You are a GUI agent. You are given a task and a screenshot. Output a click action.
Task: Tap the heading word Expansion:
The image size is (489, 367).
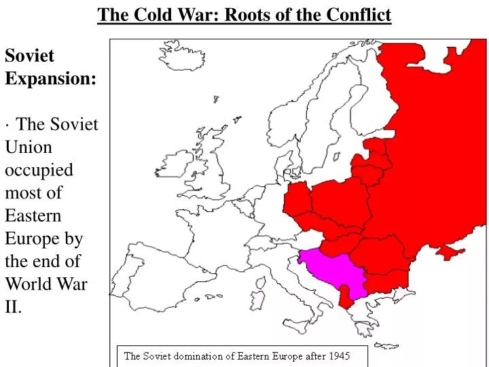[50, 78]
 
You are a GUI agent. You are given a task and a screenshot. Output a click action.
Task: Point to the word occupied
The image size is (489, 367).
[39, 170]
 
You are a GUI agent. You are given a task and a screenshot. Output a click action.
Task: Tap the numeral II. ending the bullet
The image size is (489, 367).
[14, 307]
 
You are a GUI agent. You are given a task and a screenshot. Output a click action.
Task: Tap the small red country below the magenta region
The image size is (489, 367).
[346, 294]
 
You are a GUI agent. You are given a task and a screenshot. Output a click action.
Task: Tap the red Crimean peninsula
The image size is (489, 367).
[450, 252]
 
